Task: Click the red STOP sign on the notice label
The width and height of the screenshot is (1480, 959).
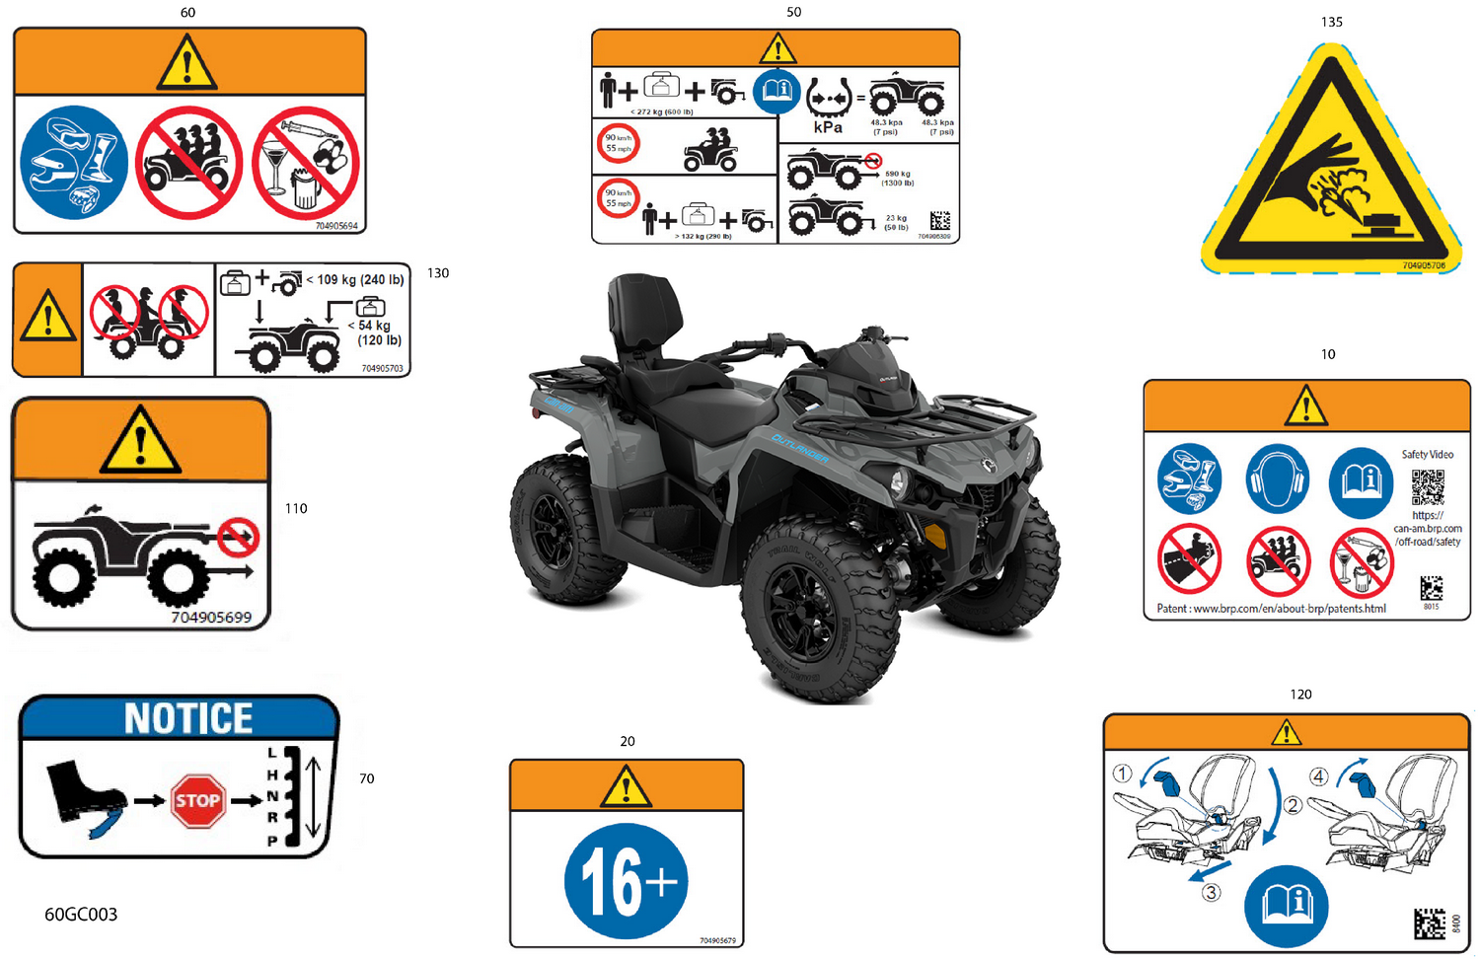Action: [x=197, y=800]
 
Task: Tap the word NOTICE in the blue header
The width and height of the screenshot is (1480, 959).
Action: [x=188, y=718]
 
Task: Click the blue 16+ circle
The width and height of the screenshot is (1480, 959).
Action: [x=626, y=880]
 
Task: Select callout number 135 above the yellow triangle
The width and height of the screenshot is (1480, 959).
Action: [x=1331, y=22]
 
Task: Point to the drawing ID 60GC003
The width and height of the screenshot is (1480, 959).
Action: [x=81, y=915]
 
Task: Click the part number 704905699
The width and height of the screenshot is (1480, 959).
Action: [x=211, y=618]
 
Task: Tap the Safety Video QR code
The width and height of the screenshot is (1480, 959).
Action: [x=1428, y=487]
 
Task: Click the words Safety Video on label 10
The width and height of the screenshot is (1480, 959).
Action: [x=1427, y=455]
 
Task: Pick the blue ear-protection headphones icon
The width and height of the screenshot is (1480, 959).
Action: [x=1277, y=479]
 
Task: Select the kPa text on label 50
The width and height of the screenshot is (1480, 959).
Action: [x=828, y=127]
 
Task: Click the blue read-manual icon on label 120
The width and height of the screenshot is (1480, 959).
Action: [x=1286, y=903]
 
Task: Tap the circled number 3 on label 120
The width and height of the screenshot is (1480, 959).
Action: [x=1211, y=892]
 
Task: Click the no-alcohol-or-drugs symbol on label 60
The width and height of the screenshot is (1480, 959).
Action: [x=305, y=163]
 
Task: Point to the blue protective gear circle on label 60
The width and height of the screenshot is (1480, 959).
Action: [x=74, y=163]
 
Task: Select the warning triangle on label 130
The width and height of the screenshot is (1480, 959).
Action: [x=47, y=318]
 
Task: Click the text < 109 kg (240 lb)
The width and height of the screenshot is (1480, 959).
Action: [x=355, y=280]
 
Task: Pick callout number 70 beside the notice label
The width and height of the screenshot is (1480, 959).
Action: [x=366, y=778]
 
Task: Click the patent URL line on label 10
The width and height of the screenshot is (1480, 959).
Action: [x=1271, y=609]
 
